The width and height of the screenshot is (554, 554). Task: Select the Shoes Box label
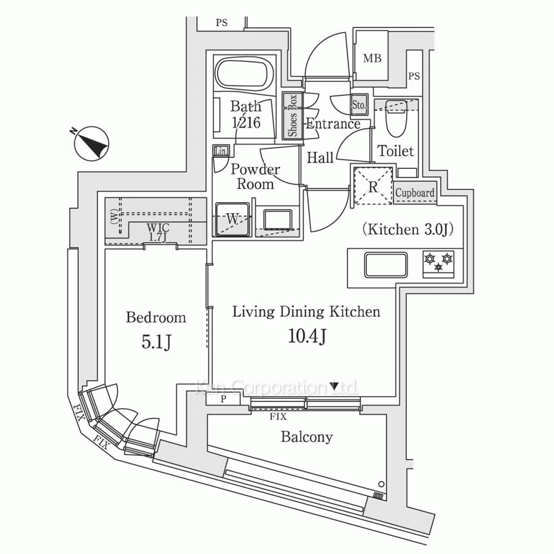pos(292,116)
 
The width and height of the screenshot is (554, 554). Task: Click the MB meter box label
pos(372,59)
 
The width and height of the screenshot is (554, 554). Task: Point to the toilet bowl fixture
pos(396,118)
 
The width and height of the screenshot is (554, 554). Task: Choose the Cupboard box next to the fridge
pos(415,193)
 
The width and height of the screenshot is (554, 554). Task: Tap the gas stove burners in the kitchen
pos(439,262)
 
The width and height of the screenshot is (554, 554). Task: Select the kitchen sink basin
pos(386,265)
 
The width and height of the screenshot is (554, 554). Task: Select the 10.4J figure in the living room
pos(306,336)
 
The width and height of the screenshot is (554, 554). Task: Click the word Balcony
pos(307,437)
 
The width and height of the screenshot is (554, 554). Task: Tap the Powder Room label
pos(255,177)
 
